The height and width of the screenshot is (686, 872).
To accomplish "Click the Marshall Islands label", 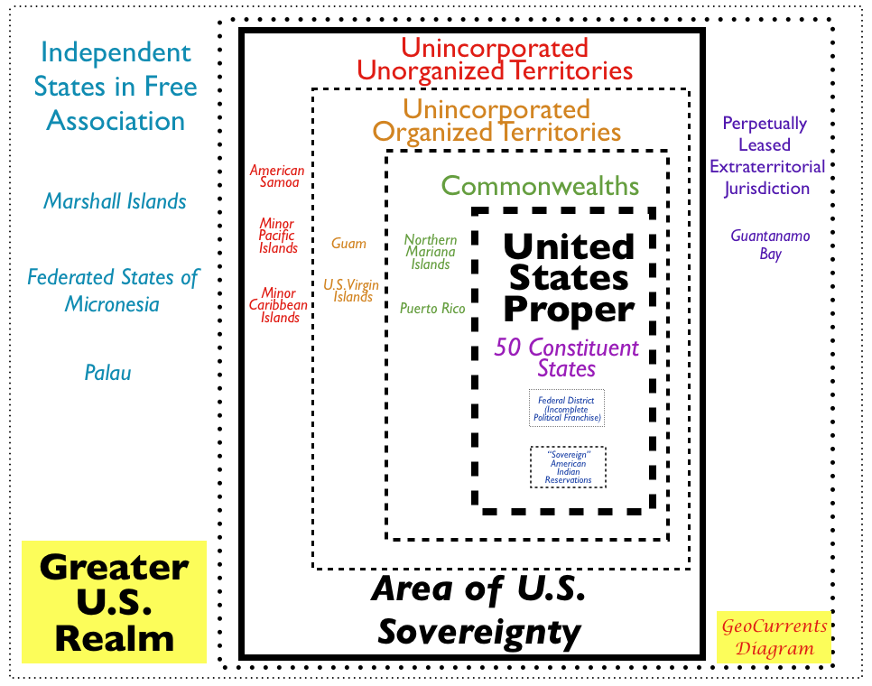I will coord(115,200).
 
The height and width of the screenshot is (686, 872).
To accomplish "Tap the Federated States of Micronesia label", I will coord(112,290).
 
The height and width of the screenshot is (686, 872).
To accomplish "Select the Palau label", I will coord(107,372).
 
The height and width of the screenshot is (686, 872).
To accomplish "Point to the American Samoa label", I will coord(277,176).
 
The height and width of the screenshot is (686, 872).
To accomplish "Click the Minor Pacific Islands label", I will coord(278,236).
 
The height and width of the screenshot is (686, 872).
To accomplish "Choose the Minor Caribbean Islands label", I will coord(280,305).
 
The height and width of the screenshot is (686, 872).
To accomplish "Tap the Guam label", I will coord(348,243).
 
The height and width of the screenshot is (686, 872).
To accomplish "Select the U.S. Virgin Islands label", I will coord(351,291).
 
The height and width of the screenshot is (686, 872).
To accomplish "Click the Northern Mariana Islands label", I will coord(431,252).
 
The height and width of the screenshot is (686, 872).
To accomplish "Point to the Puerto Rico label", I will coord(432,309).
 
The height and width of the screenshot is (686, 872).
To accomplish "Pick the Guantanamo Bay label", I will coord(770,245).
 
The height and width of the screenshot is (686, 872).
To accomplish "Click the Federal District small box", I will coord(567,409).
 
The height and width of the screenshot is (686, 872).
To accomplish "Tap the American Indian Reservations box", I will coord(568,467).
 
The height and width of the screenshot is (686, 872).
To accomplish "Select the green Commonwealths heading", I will coord(540,187).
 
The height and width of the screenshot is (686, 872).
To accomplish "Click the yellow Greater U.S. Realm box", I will coord(114,602).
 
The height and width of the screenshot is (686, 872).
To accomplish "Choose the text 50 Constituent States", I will coord(566,357).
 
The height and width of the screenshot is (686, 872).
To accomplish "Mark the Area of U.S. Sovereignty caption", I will coord(478,610).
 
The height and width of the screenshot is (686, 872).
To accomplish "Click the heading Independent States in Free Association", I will coord(116,87).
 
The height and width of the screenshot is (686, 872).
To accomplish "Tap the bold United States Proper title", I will coord(568,277).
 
